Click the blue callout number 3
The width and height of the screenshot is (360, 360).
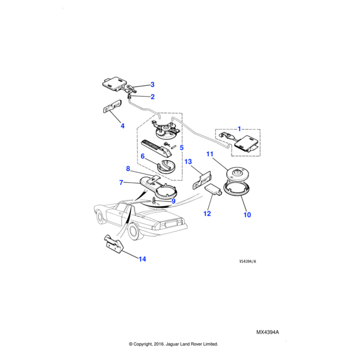(152, 85)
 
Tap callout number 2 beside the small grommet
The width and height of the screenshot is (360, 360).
(152, 97)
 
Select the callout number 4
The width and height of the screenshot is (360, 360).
(122, 126)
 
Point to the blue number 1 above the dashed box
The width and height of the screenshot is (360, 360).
(239, 129)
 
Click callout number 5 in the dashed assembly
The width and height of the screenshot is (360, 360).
(182, 148)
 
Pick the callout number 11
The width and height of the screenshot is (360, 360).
(210, 154)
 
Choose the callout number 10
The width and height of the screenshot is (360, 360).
(247, 215)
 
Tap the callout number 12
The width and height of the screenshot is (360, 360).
(207, 214)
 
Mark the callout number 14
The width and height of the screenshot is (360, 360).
(142, 259)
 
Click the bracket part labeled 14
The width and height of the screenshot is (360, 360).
(114, 245)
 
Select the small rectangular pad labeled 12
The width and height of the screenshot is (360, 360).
(213, 190)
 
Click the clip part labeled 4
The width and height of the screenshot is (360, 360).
(112, 106)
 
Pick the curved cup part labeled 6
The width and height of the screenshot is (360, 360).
(166, 166)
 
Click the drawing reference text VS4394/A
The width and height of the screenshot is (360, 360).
(247, 262)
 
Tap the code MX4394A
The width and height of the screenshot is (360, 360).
(268, 332)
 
